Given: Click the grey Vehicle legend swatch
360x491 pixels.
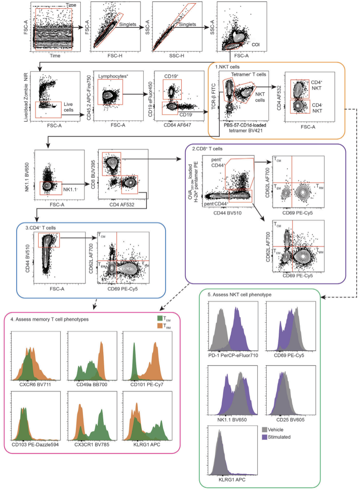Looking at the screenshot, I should pos(264,429).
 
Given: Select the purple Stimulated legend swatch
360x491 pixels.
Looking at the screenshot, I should pos(264,436).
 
